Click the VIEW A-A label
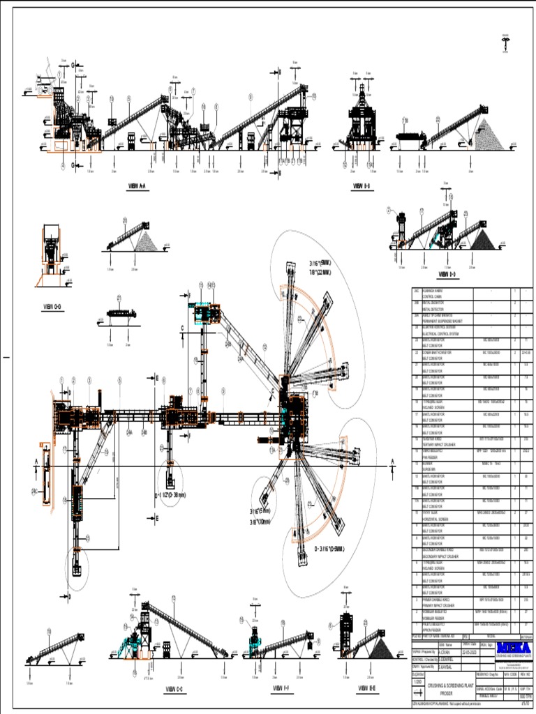[x=137, y=186]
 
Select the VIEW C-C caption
[x=174, y=689]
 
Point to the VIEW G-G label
[x=53, y=306]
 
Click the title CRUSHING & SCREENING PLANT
[x=447, y=686]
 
